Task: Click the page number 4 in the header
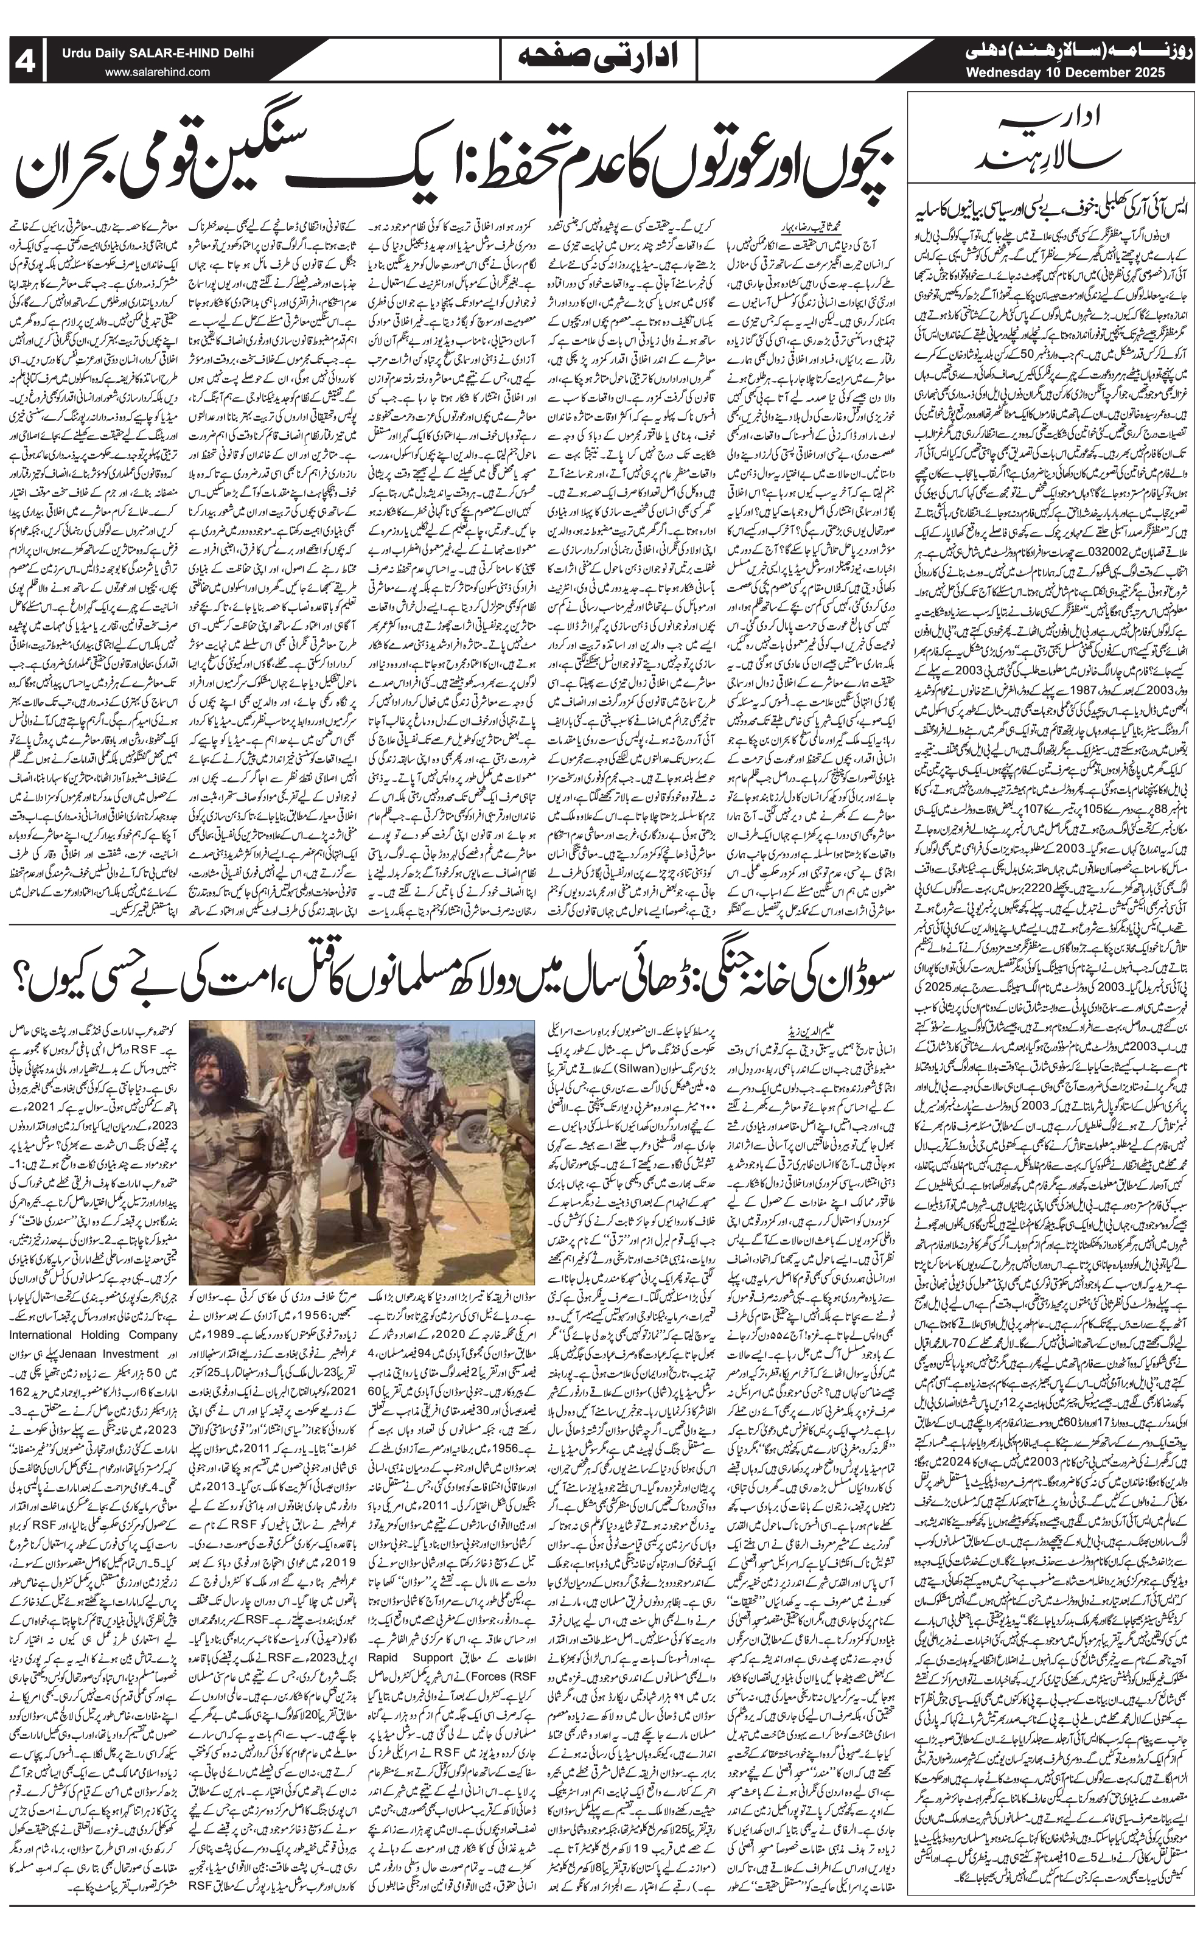coord(29,61)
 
